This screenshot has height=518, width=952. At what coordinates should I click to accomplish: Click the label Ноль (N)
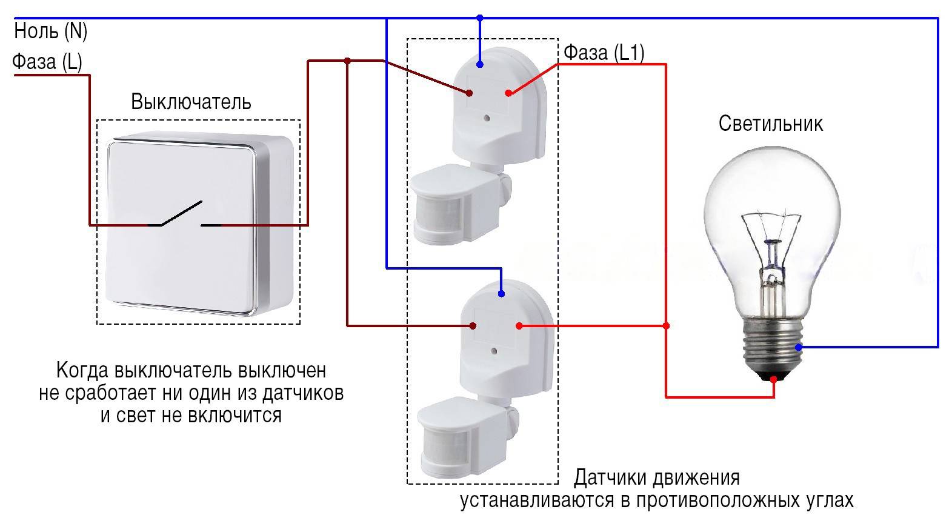(52, 31)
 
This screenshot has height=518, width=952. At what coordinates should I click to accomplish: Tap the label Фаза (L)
(47, 62)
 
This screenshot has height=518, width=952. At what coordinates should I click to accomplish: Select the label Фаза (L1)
(604, 53)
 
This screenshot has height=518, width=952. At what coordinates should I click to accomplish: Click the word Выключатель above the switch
(191, 101)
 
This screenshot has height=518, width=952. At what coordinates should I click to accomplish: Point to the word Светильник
(771, 124)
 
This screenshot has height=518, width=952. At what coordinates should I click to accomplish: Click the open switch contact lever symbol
(181, 213)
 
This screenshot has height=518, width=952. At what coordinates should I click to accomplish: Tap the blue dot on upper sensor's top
(479, 64)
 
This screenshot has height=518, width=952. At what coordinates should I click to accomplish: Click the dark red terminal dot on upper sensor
(469, 93)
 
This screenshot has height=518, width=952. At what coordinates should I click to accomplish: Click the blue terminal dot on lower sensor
(501, 294)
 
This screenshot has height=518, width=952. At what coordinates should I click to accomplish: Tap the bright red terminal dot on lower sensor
(519, 327)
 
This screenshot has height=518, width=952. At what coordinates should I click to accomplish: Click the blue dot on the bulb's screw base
(799, 347)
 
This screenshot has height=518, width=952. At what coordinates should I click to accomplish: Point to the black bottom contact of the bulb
(774, 380)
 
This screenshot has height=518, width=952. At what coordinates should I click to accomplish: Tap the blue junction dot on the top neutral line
(480, 18)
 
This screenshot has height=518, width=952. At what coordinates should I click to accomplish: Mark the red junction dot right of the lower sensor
(666, 326)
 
